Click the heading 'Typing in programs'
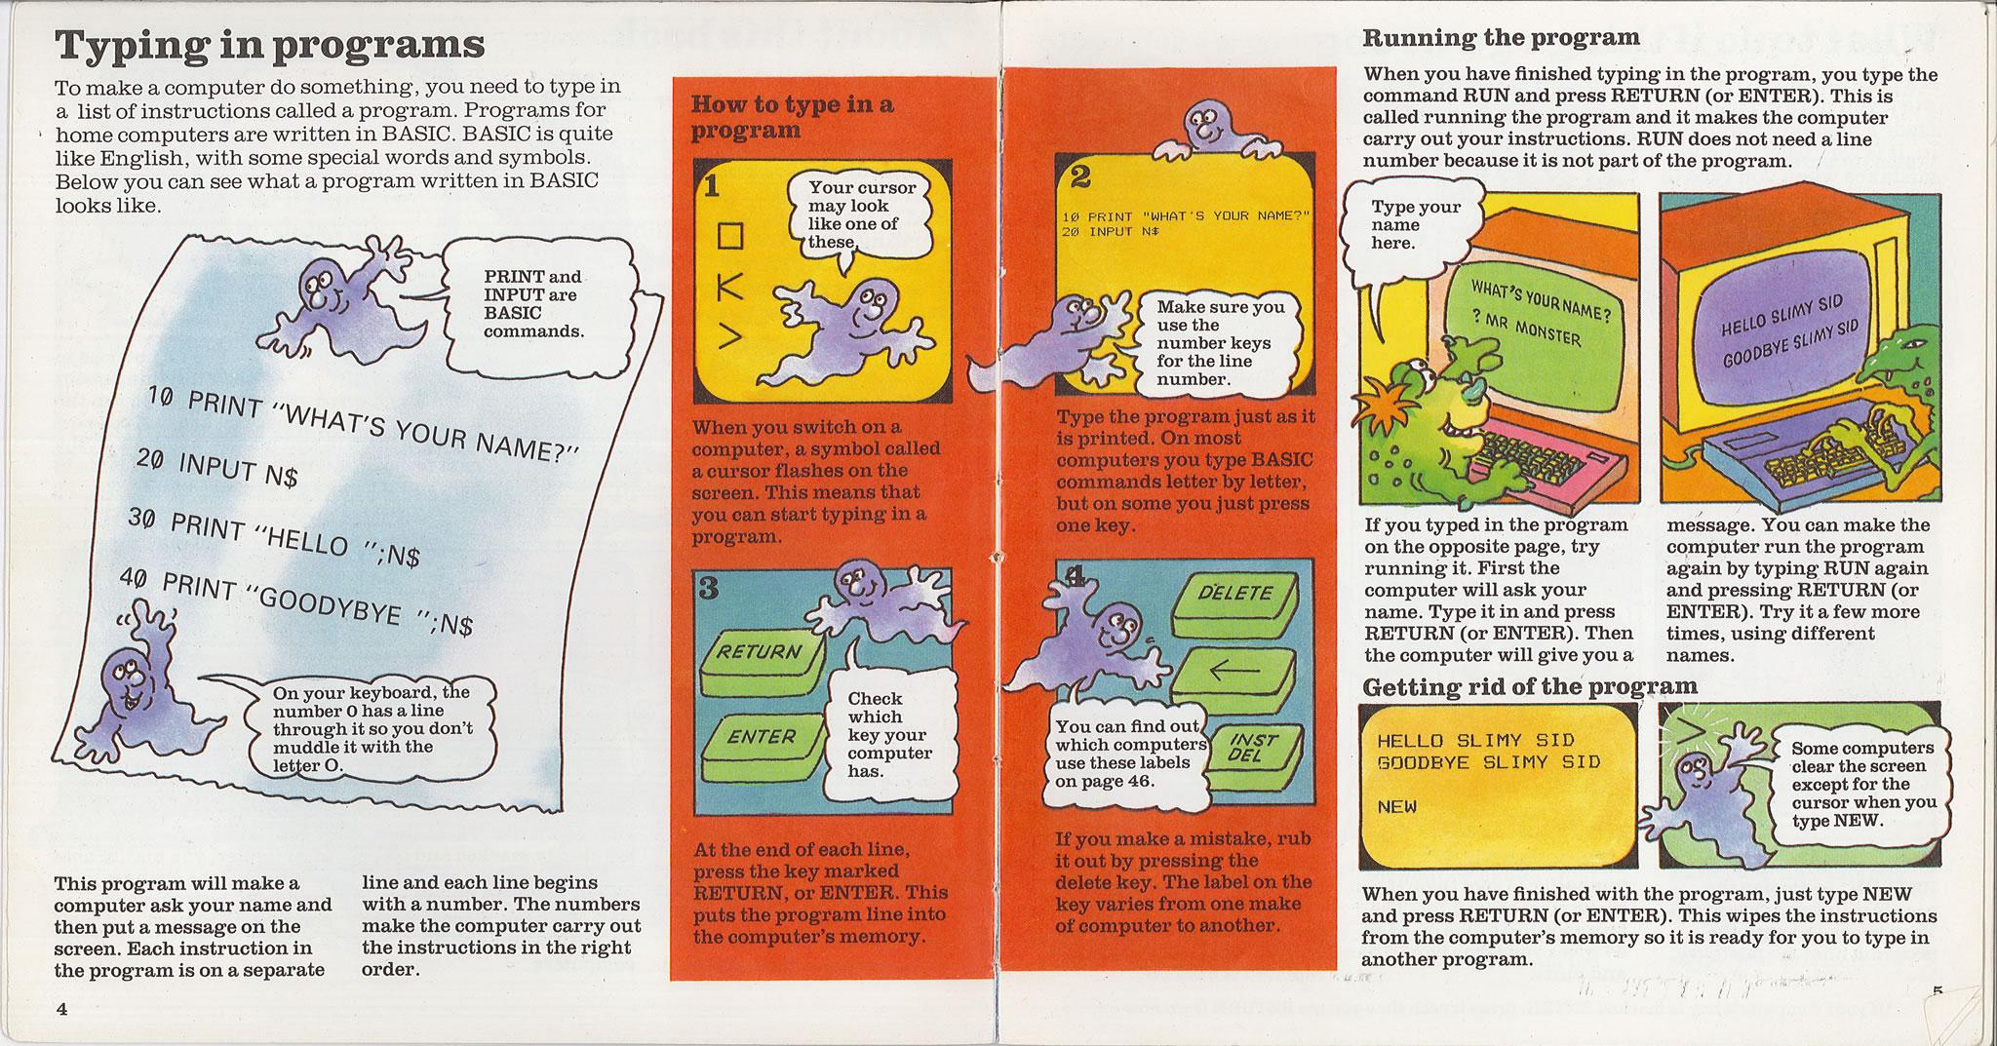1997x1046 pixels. click(270, 44)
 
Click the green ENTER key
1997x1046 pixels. click(762, 738)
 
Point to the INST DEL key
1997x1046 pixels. click(1247, 749)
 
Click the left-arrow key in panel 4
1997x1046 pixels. click(1233, 672)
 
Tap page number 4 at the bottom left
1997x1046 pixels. click(61, 1009)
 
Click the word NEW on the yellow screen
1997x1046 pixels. click(1396, 807)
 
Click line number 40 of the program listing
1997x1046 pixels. click(136, 579)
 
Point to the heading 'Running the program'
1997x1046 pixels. click(1500, 38)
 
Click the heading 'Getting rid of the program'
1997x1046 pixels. click(1529, 686)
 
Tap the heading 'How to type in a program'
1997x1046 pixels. click(791, 117)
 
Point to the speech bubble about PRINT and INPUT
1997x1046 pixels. click(532, 304)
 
